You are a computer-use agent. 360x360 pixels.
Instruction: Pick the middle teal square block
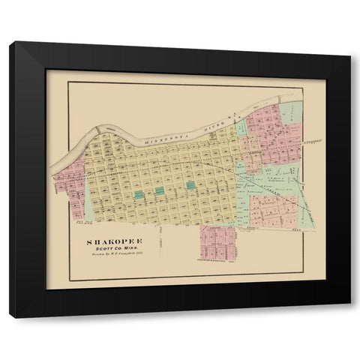[x=160, y=190]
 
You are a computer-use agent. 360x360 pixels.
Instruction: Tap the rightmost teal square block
[x=191, y=185]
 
